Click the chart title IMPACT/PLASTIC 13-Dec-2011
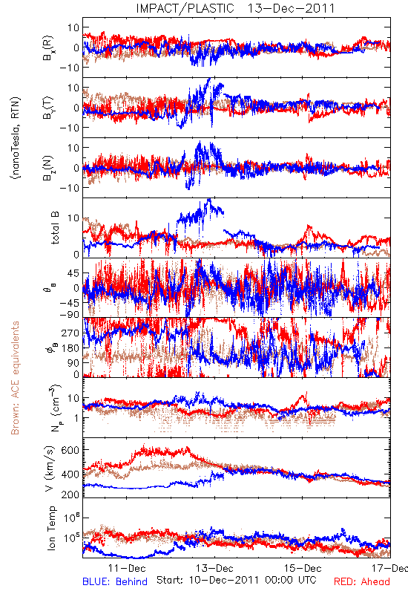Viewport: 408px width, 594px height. click(x=235, y=8)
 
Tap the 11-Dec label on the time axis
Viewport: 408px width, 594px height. click(x=127, y=568)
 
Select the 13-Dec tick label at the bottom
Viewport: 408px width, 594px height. click(x=214, y=568)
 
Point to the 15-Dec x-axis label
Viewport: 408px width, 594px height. click(x=303, y=568)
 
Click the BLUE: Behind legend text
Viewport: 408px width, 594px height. click(x=115, y=581)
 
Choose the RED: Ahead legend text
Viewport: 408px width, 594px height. click(x=362, y=581)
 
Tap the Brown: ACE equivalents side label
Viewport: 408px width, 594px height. click(x=15, y=378)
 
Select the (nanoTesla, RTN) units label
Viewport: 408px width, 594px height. click(x=16, y=137)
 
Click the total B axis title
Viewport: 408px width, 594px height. click(x=55, y=228)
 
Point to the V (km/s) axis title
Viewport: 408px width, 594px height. click(x=50, y=469)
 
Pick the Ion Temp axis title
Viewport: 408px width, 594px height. click(x=51, y=528)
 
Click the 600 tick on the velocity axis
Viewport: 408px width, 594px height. click(x=70, y=450)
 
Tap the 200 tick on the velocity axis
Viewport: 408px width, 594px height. click(x=70, y=495)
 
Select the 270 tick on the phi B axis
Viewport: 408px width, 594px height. click(x=70, y=333)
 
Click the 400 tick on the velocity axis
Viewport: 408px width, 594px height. click(x=70, y=474)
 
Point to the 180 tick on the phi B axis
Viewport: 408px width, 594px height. click(x=70, y=347)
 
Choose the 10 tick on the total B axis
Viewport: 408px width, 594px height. click(x=73, y=218)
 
